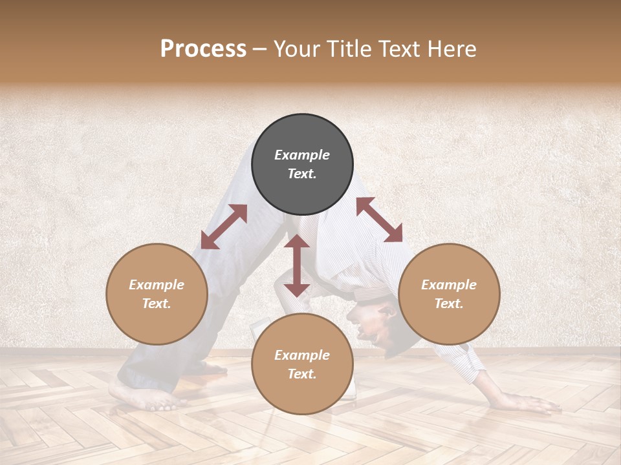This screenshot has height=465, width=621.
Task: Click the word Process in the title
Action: coord(203,49)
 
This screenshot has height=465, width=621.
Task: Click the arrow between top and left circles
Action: coord(224,227)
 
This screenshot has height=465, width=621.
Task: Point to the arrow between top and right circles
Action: coord(379,220)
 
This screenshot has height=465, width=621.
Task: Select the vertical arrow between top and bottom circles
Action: coord(297,265)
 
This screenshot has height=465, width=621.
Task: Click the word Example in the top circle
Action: coord(302,155)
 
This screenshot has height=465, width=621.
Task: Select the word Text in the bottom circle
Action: coord(302,374)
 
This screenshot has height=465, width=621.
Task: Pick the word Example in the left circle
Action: coord(157,285)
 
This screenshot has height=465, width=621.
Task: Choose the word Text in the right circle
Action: coord(449,304)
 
